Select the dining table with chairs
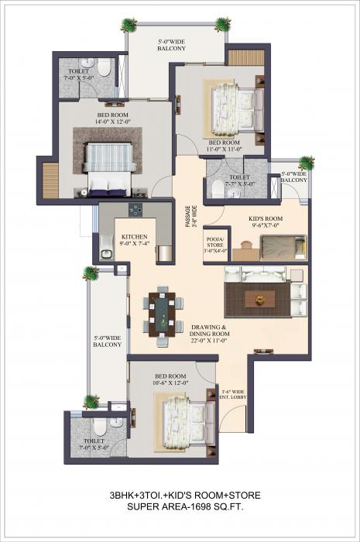click(163, 314)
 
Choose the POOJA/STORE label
click(214, 245)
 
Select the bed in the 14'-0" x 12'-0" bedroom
click(105, 166)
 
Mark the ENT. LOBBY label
click(232, 396)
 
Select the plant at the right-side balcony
click(307, 163)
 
